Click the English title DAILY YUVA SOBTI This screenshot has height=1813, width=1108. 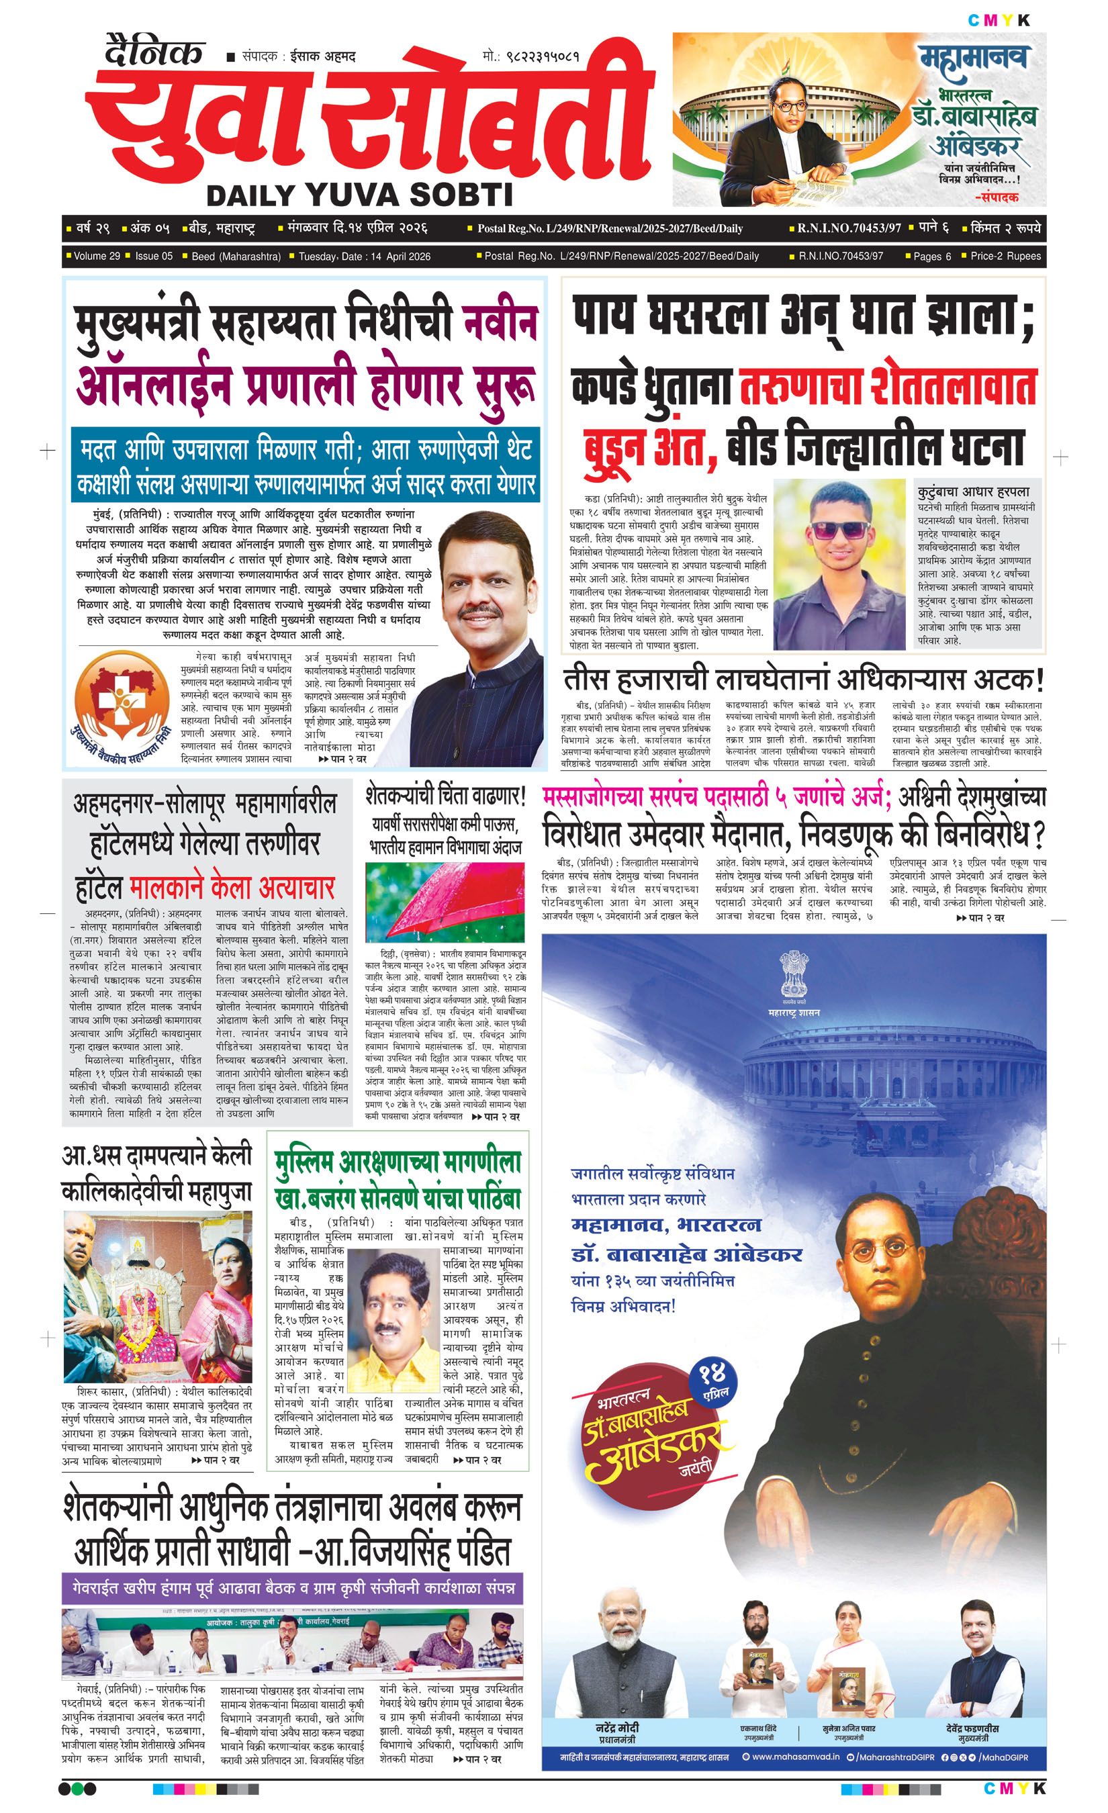[x=360, y=194]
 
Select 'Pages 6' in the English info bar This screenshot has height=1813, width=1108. [x=931, y=256]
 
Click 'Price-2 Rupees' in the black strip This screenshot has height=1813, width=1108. [x=1005, y=256]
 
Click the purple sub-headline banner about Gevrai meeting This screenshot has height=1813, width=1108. [x=293, y=1588]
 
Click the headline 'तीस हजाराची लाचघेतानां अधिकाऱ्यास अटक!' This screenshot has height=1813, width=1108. [x=803, y=678]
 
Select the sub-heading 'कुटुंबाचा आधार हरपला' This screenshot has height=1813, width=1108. [x=974, y=492]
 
